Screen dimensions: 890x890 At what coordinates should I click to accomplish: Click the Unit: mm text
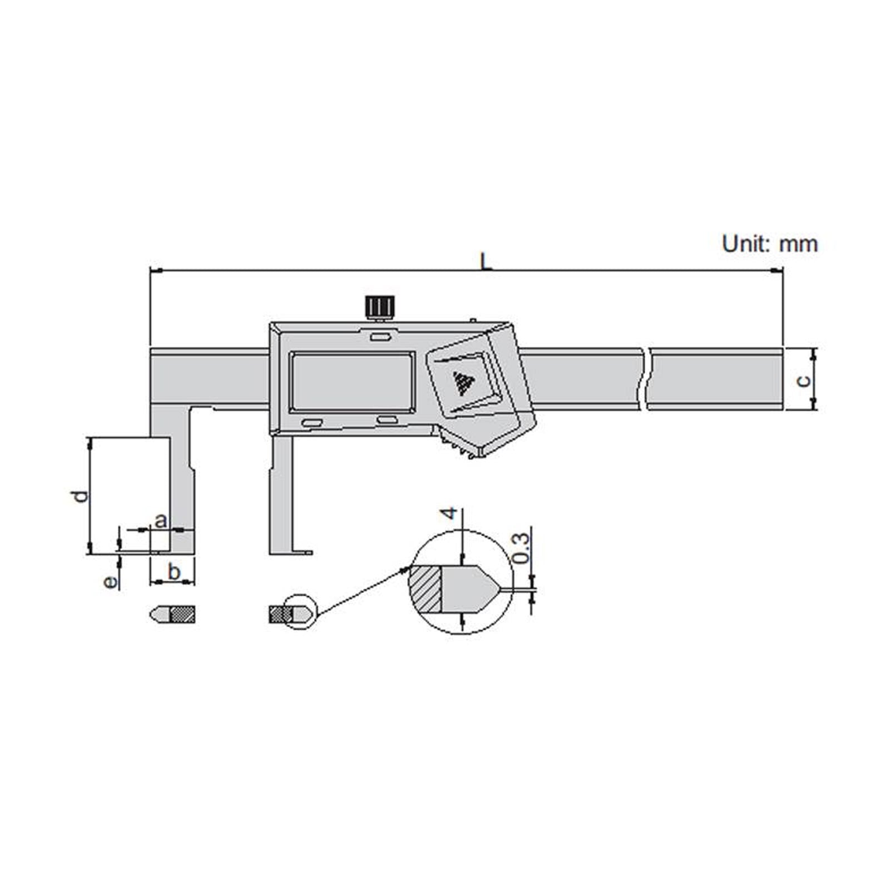[x=769, y=244]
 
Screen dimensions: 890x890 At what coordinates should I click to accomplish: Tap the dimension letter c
[x=803, y=380]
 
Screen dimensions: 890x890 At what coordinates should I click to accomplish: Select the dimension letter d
[x=81, y=496]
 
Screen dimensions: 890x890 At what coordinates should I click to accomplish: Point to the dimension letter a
[x=160, y=521]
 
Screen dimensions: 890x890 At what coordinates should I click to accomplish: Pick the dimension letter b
[x=174, y=571]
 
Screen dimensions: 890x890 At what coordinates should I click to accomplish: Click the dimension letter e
[x=111, y=582]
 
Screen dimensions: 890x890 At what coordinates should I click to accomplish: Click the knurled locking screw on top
[x=380, y=306]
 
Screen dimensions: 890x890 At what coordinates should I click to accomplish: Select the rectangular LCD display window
[x=352, y=382]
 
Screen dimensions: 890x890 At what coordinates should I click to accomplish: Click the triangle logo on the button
[x=462, y=383]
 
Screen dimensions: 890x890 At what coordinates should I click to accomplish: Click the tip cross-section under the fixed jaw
[x=172, y=615]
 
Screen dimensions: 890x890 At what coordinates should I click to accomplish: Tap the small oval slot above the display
[x=380, y=337]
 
